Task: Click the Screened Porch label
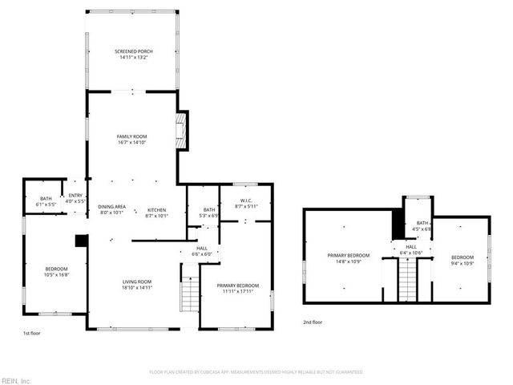coord(133,55)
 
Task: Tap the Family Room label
coord(133,140)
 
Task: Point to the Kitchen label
coord(156,211)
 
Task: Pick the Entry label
coord(75,198)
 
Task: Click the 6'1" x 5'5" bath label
coord(46,201)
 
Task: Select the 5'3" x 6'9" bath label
coord(208,213)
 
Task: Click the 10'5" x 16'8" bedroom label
coord(56,272)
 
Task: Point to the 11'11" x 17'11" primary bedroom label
coord(237,289)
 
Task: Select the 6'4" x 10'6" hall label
coord(410,250)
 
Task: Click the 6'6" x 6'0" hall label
coord(202,251)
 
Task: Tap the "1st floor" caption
coord(31,331)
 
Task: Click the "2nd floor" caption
coord(313,322)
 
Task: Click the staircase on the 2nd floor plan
coord(410,281)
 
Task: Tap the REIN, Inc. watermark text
coord(16,380)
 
